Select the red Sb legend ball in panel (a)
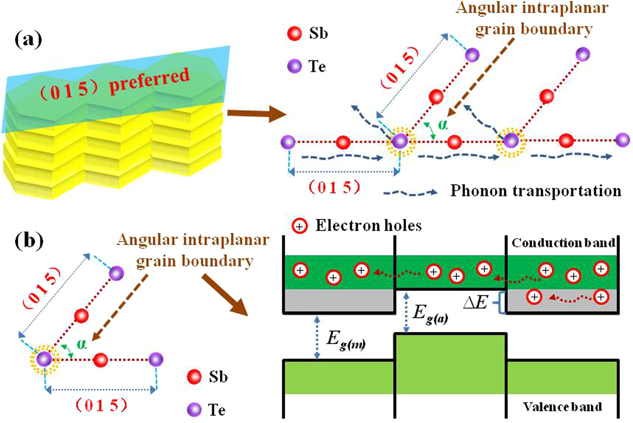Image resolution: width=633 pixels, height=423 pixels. pos(295,33)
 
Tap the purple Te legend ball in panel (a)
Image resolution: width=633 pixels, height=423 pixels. pos(295,66)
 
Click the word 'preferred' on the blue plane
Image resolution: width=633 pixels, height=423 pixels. pos(149,81)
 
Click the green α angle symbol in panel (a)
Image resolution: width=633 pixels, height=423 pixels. pos(443,125)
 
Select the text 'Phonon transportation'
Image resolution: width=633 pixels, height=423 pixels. pos(535,191)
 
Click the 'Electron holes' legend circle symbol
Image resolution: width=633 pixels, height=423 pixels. pos(299,226)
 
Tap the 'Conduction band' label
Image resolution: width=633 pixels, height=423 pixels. pos(563,243)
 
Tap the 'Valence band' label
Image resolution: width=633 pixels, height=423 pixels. pos(563,406)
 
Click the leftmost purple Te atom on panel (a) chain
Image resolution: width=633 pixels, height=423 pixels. pos(288,142)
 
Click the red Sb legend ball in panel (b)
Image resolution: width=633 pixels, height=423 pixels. pos(194,376)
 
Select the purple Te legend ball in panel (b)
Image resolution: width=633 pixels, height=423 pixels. pos(194,410)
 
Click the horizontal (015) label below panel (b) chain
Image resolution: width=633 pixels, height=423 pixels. pos(101,405)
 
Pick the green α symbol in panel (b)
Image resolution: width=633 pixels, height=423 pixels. pos(81,344)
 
